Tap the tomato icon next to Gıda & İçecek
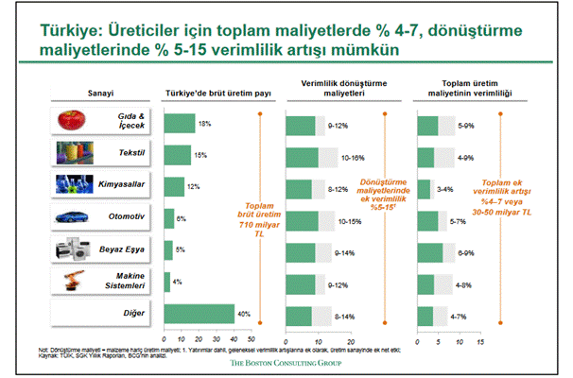click(72, 121)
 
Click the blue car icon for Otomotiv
click(72, 218)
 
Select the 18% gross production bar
click(180, 122)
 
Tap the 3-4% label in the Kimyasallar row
click(455, 187)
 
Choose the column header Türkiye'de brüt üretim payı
click(206, 94)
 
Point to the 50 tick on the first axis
click(250, 339)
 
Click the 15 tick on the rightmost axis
click(479, 339)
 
